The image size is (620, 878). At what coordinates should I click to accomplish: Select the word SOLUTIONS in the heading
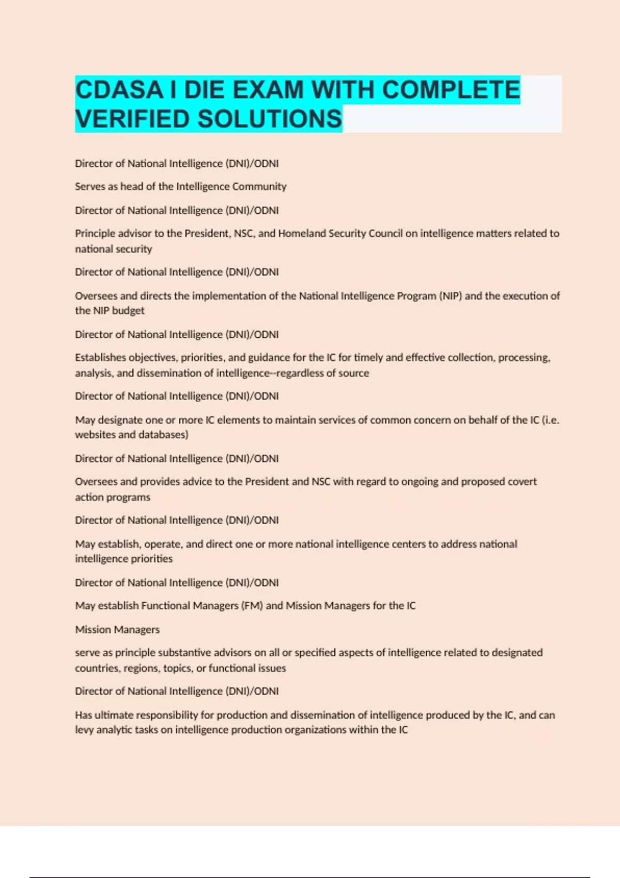click(270, 119)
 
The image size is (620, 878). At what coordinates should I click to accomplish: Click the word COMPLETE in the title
click(451, 90)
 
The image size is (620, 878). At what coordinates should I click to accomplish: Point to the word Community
click(259, 186)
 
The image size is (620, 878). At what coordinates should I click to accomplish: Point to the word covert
click(521, 482)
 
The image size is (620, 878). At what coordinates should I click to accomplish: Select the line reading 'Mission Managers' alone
click(117, 630)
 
